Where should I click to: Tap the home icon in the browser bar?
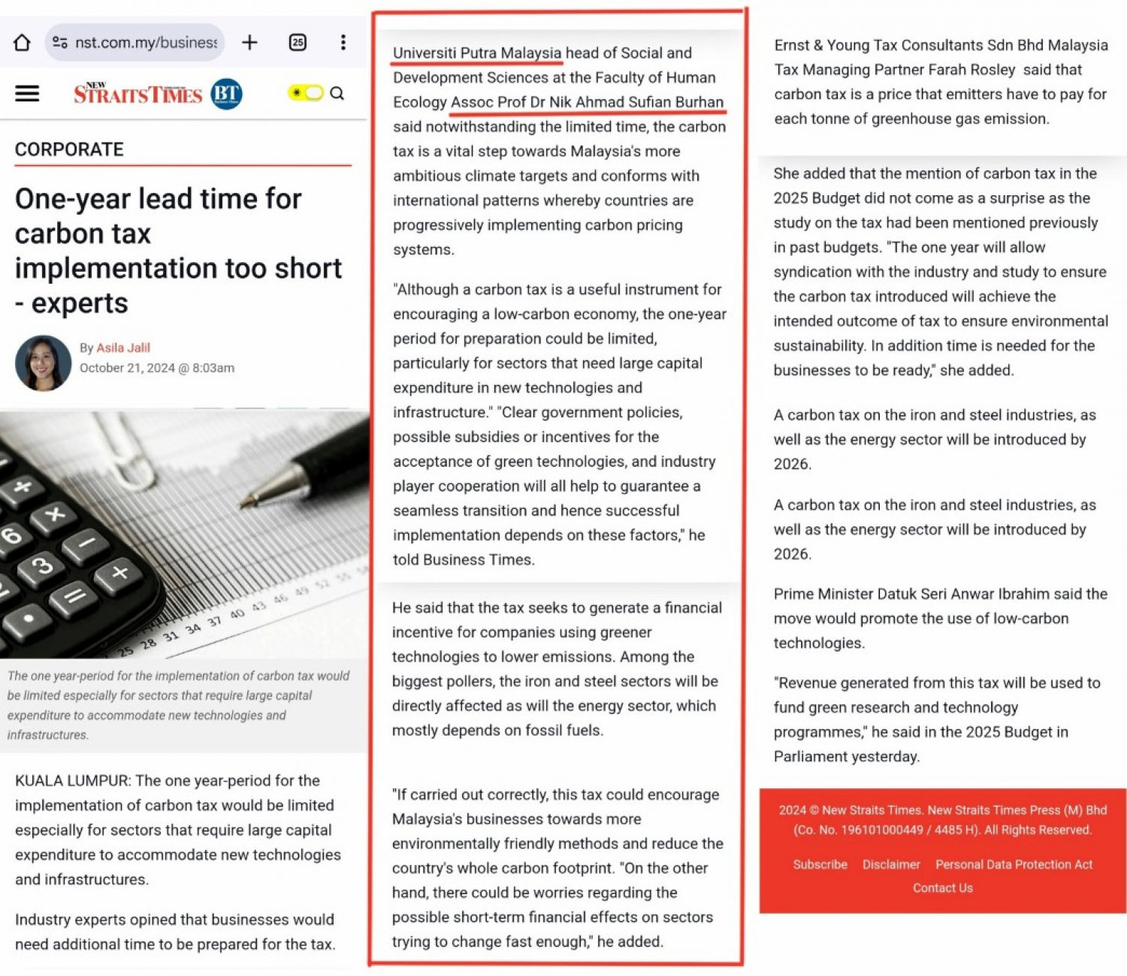point(22,43)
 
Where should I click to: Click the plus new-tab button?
point(249,43)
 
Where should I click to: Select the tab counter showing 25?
point(298,43)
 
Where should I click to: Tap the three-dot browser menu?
point(343,43)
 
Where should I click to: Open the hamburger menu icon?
point(27,94)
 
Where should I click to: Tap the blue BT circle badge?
point(226,94)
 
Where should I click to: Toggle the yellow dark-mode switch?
point(306,93)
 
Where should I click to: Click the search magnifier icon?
point(337,93)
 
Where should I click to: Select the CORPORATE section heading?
point(69,149)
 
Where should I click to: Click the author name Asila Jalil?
point(123,348)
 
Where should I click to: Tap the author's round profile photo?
point(43,363)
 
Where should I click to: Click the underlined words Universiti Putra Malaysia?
point(476,53)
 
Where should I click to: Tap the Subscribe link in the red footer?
point(820,864)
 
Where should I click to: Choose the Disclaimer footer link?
point(891,864)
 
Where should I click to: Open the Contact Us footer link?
point(942,888)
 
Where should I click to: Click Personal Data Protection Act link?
point(1014,864)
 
